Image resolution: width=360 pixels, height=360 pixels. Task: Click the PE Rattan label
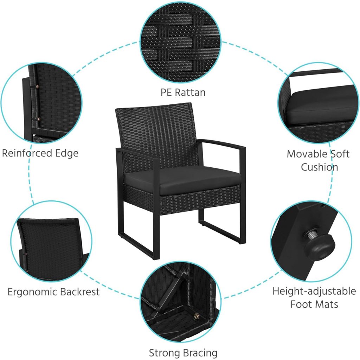tap(183, 92)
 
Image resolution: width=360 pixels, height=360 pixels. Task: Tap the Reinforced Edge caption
tap(40, 153)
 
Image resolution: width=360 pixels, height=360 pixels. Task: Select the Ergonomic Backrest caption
tap(53, 292)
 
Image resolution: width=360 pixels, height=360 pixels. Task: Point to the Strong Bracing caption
tap(183, 353)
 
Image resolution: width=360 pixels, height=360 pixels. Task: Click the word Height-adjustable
tap(314, 291)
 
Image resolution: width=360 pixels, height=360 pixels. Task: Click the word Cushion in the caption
tap(319, 167)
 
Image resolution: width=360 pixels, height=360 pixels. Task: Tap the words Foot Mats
tap(314, 304)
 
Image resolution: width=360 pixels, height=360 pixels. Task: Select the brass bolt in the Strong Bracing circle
tap(196, 317)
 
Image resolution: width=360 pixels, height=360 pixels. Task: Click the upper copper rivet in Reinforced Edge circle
tap(38, 86)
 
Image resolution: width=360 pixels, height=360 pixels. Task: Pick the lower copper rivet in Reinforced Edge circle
tap(39, 119)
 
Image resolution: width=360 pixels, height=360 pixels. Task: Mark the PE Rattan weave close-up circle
tap(180, 42)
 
